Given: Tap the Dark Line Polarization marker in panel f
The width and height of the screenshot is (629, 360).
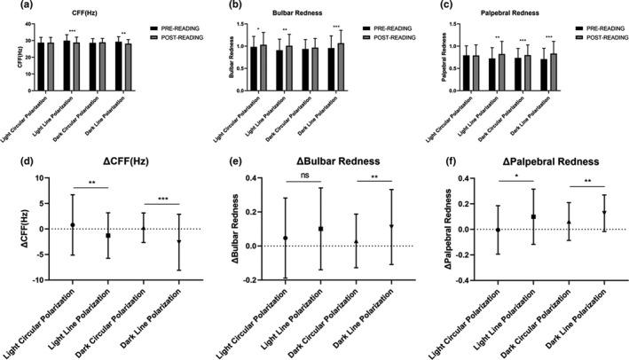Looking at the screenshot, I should pyautogui.click(x=603, y=213).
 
